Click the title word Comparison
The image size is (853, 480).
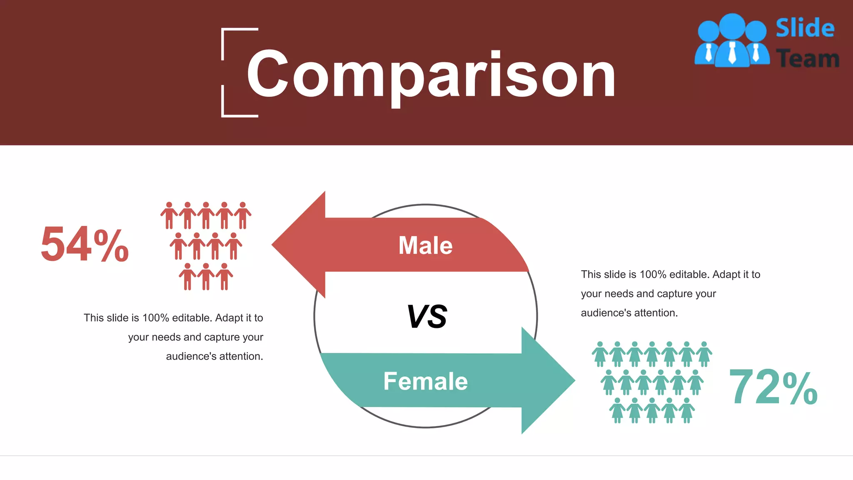[431, 75]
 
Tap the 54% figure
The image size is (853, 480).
[85, 244]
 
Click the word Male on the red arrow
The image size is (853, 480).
[425, 245]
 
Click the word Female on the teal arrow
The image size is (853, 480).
[425, 381]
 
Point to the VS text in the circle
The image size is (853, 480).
[426, 317]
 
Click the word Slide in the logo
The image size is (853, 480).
[805, 28]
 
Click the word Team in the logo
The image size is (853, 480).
[808, 59]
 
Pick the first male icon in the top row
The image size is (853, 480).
[169, 215]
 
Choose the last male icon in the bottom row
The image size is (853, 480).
[224, 277]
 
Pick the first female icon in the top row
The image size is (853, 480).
[600, 354]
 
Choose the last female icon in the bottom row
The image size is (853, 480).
[686, 410]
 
